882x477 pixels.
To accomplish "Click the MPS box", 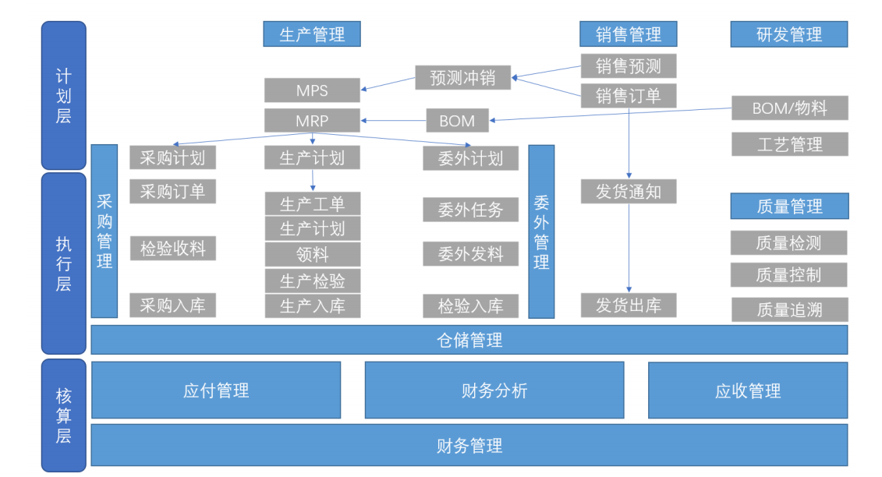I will (x=312, y=90).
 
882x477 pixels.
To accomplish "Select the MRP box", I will (x=312, y=121).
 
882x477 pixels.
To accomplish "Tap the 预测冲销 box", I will (x=463, y=77).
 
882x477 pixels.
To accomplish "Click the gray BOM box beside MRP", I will (x=457, y=121).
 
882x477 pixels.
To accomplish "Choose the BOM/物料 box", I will (x=789, y=108).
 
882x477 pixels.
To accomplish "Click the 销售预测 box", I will (x=628, y=66).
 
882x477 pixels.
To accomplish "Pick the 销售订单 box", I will (x=628, y=96).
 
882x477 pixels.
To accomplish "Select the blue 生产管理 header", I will (x=312, y=34).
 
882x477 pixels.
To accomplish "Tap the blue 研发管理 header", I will (x=789, y=34).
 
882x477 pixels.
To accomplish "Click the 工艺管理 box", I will (x=789, y=144).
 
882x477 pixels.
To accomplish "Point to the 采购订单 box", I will (x=172, y=191).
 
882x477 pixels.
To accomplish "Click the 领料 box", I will (x=312, y=254).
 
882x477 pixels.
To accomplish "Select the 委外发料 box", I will (x=470, y=254).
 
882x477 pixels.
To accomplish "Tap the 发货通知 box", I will (x=628, y=191).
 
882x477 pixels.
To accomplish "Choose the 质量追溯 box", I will (x=789, y=309).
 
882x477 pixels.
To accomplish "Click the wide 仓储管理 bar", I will (x=469, y=340).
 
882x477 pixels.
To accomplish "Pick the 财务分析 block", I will (x=494, y=390).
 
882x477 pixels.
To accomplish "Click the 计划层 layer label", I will (x=63, y=96).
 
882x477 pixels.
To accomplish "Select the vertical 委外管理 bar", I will (x=541, y=231).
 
